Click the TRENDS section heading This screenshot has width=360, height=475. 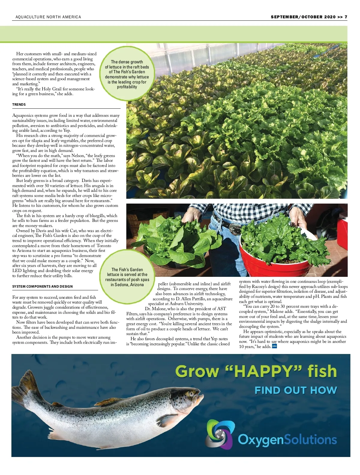click(19, 104)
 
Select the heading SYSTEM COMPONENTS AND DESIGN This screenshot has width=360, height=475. click(42, 286)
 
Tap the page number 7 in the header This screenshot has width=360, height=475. click(346, 17)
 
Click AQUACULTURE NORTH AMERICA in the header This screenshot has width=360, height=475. click(48, 17)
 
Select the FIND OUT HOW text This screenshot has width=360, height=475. click(296, 390)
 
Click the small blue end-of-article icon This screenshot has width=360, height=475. click(274, 346)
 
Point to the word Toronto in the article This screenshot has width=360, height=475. click(104, 246)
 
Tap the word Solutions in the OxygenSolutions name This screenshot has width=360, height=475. click(310, 440)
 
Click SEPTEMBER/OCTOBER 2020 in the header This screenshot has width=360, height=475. click(303, 17)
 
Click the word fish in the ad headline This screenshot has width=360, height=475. click(322, 371)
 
